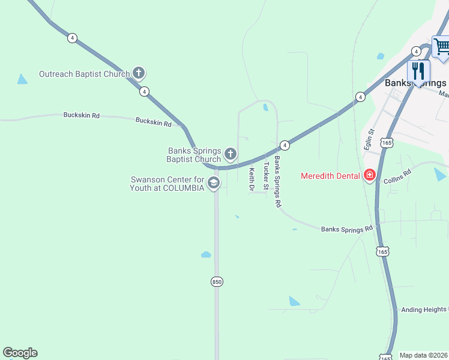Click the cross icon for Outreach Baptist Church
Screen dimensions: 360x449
(139, 74)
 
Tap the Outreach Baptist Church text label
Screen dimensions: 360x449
(84, 74)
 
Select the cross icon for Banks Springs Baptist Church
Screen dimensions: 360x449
(230, 155)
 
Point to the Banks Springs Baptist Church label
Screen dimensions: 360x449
(194, 155)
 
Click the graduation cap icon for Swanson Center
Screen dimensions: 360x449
(213, 184)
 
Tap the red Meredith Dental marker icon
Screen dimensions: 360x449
(370, 175)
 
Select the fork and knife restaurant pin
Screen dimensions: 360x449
(418, 71)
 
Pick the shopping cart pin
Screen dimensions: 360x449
(442, 46)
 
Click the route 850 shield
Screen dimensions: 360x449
(217, 281)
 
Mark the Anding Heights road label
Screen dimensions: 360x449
(424, 310)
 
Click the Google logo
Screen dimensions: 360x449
(20, 353)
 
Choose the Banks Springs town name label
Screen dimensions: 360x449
(415, 83)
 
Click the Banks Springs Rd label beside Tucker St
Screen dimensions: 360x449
(278, 181)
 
